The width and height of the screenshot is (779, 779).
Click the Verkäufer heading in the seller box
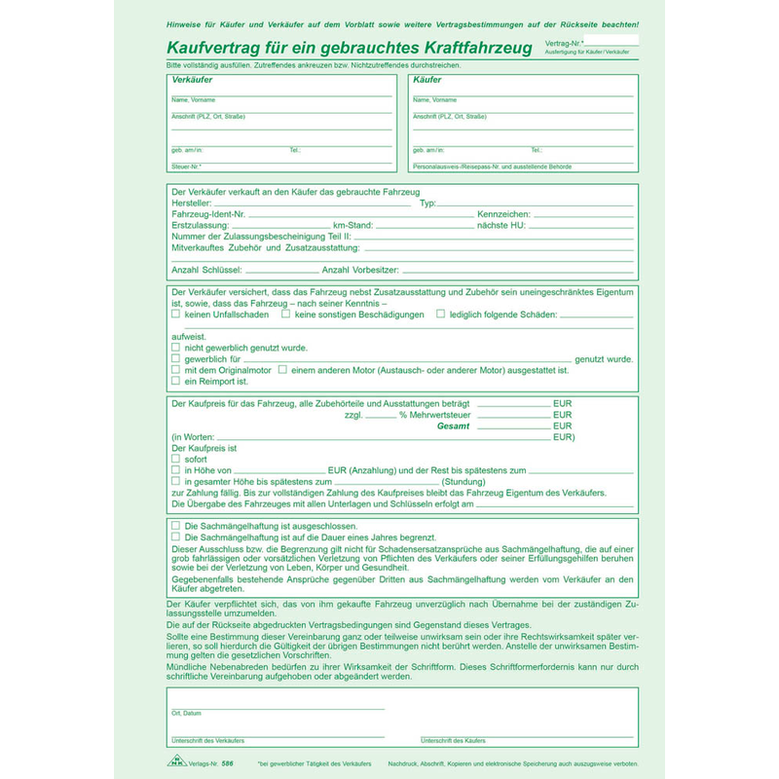192,80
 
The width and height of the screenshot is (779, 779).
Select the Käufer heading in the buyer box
427,80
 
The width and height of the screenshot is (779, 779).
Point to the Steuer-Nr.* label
185,167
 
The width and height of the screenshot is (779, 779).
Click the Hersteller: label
190,203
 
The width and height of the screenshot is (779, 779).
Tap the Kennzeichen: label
503,213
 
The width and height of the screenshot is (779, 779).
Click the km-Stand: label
352,225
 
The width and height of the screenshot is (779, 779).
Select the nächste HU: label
501,225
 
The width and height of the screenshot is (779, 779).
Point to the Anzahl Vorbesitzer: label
362,270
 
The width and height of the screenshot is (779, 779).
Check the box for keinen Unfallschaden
175,315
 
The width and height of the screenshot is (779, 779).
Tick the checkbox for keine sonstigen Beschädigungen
285,315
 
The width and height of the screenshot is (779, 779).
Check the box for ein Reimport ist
175,381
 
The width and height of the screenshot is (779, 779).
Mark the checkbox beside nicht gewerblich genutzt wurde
175,348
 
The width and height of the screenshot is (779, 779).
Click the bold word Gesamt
453,427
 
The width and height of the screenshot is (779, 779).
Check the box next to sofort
175,459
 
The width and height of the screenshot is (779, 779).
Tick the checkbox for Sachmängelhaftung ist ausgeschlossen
175,526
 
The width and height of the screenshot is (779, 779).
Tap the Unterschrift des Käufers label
453,742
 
